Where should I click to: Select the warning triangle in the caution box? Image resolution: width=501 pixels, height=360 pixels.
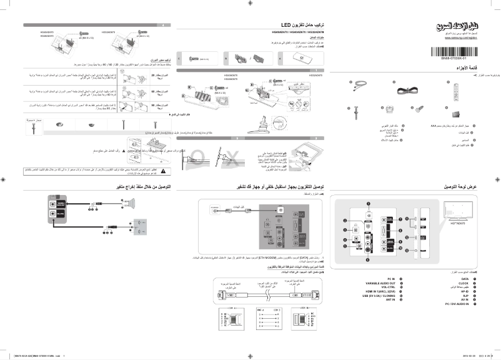click(164, 170)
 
